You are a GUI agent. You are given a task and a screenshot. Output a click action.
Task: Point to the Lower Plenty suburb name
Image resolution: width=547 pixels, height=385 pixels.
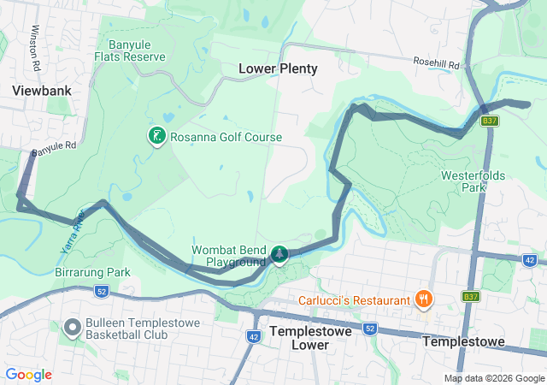[x=278, y=68]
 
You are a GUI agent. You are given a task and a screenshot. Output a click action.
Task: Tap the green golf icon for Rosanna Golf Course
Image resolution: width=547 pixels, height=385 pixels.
[x=156, y=135]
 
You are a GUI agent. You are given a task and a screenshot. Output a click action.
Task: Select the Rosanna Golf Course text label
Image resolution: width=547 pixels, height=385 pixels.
[x=225, y=137]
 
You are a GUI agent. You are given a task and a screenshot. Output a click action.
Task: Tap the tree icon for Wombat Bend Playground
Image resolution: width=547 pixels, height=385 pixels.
[x=279, y=254]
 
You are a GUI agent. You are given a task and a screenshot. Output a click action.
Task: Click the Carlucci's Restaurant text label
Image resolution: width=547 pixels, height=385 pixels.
[x=354, y=300]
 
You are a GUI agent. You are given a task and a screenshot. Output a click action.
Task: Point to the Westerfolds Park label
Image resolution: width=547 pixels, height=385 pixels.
[x=473, y=181]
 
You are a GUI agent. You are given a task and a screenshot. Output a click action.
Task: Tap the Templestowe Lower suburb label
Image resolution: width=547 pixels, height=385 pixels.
[x=305, y=336]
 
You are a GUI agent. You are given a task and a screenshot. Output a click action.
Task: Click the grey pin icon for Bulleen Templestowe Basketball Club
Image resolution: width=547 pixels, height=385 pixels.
[x=74, y=329]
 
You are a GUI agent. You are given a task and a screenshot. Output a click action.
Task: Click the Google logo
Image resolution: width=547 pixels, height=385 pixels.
[x=28, y=375]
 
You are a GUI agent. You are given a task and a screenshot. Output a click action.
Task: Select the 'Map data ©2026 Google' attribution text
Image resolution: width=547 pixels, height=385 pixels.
[x=493, y=378]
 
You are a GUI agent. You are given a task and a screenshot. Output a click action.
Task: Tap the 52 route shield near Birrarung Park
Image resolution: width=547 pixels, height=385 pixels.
[x=101, y=292]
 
